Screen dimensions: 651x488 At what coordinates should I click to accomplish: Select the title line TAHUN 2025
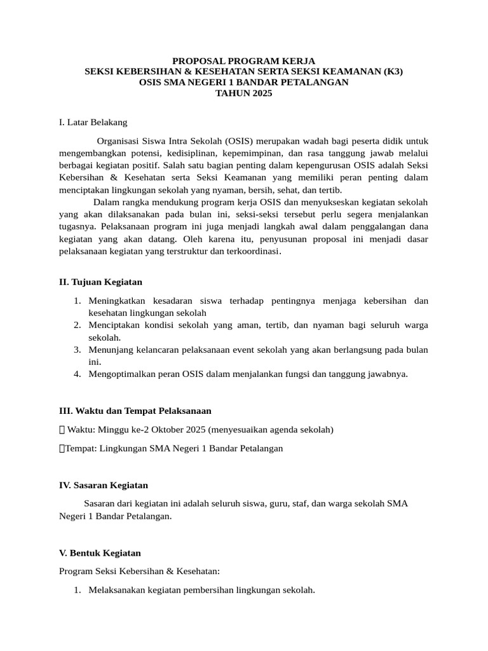(x=243, y=93)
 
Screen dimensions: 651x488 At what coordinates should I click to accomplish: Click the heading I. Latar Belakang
(x=93, y=122)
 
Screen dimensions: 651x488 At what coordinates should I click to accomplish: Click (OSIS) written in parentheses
(x=237, y=140)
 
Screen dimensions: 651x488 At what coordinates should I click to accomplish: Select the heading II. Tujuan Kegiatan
(x=100, y=282)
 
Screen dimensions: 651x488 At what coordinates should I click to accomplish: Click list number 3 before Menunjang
(x=76, y=350)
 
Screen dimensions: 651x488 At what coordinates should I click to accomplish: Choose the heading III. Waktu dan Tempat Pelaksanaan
(x=135, y=411)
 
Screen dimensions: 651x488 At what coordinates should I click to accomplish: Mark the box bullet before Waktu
(x=62, y=430)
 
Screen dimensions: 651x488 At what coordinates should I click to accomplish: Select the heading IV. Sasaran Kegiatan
(x=103, y=485)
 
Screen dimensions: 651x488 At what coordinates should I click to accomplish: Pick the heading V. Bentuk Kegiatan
(x=100, y=552)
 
